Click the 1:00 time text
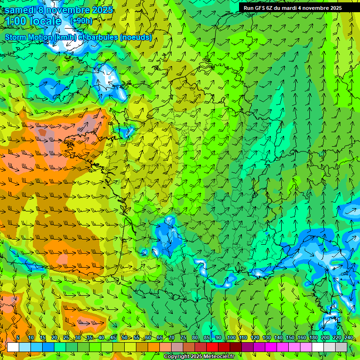tap(16, 21)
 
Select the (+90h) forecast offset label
tap(81, 21)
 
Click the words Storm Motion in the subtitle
tap(29, 37)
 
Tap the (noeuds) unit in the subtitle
tap(136, 37)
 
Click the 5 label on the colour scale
tap(18, 338)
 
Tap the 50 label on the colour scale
tap(124, 338)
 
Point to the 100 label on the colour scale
tap(231, 338)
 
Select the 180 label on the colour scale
tap(314, 338)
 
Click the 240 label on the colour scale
tap(349, 338)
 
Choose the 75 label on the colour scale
tap(183, 338)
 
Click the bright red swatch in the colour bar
tap(212, 347)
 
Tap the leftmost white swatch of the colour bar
tap(13, 347)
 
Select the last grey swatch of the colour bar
tap(342, 347)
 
